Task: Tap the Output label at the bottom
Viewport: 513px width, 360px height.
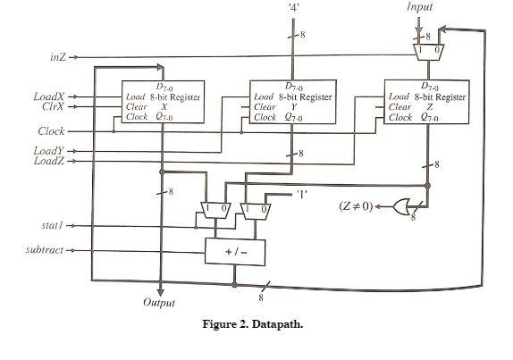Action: click(x=160, y=303)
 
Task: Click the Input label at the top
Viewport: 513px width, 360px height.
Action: click(x=419, y=7)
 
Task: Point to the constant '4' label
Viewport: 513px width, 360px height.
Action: click(x=294, y=7)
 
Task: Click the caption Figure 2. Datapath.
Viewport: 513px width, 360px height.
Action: click(x=253, y=324)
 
